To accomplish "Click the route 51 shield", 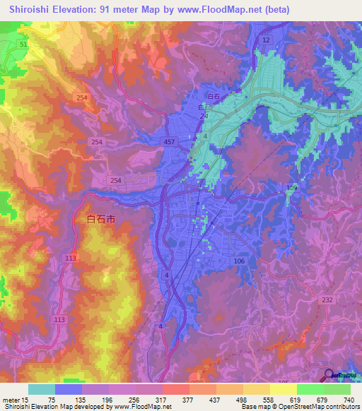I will pyautogui.click(x=23, y=44).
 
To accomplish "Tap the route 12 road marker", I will pyautogui.click(x=265, y=41).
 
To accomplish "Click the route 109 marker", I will pyautogui.click(x=292, y=187).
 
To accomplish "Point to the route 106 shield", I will pyautogui.click(x=239, y=261).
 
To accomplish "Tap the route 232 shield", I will pyautogui.click(x=327, y=300).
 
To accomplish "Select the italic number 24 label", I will pyautogui.click(x=204, y=116).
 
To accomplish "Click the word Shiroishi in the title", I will pyautogui.click(x=32, y=10).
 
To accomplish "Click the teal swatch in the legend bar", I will pyautogui.click(x=41, y=389).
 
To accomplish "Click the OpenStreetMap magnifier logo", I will pyautogui.click(x=329, y=375).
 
